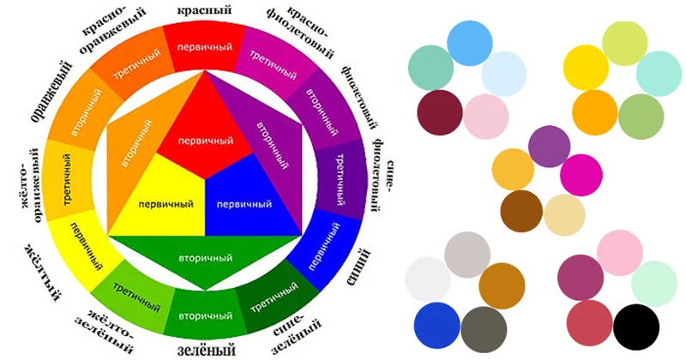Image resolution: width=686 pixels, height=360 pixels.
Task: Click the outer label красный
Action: click(x=204, y=10)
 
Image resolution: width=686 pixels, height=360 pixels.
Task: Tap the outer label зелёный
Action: click(x=207, y=350)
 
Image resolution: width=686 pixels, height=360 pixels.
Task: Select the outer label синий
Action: click(x=358, y=267)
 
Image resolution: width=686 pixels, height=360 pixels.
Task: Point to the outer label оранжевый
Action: click(x=51, y=91)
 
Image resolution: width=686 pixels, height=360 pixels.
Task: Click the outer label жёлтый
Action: click(x=42, y=273)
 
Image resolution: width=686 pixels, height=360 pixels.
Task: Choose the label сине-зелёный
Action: click(x=296, y=334)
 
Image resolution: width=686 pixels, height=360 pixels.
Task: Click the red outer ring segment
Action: click(x=205, y=46)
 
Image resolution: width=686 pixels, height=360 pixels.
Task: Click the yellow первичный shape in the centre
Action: click(x=162, y=201)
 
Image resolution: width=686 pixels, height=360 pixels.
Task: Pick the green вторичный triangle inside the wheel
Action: click(x=205, y=259)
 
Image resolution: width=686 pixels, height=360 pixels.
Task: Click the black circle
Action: click(x=636, y=327)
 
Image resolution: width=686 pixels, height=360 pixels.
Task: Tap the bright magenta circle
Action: click(x=581, y=175)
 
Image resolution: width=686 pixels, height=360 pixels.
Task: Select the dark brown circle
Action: click(x=521, y=211)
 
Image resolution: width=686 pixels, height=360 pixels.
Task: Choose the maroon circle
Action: click(x=440, y=113)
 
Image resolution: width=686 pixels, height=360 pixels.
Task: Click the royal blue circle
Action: click(x=436, y=326)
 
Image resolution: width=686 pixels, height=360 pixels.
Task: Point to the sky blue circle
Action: click(x=470, y=43)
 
